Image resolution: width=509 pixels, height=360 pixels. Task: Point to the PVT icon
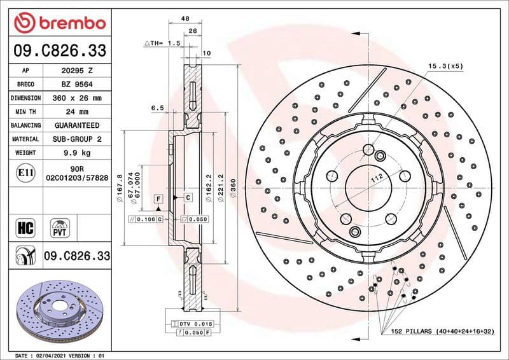point(61,227)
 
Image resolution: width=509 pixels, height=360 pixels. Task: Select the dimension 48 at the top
point(185,19)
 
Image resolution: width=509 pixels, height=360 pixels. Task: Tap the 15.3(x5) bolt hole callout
point(445,66)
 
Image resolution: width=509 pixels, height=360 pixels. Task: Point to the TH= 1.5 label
point(164,43)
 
